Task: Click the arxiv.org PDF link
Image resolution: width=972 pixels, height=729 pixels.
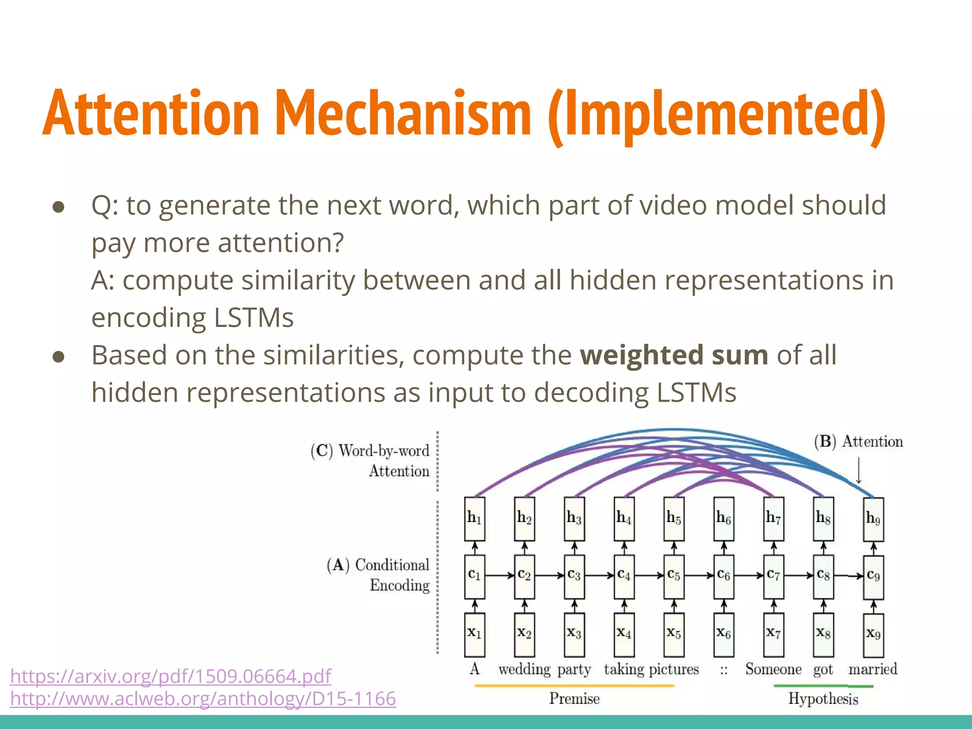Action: click(170, 676)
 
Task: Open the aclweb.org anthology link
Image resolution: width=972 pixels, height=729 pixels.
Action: click(203, 699)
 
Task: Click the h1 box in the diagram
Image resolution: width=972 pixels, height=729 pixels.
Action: click(475, 519)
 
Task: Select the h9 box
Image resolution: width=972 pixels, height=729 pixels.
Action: click(873, 519)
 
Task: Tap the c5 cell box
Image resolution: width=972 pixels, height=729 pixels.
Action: click(674, 576)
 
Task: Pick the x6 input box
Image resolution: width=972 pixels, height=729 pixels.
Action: click(724, 634)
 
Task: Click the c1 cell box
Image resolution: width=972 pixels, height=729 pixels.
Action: click(475, 576)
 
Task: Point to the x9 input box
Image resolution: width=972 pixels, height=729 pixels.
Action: click(873, 635)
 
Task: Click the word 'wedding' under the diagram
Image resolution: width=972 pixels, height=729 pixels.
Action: click(524, 669)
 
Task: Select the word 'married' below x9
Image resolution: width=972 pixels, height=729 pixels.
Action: click(873, 669)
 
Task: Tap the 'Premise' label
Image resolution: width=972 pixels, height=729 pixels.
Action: click(574, 699)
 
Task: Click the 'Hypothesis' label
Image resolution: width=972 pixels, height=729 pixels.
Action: click(823, 699)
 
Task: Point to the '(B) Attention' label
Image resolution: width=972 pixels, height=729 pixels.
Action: click(858, 441)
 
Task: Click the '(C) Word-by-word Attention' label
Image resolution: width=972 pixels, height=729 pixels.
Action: click(370, 460)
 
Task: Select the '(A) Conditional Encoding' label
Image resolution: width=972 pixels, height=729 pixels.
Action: click(378, 575)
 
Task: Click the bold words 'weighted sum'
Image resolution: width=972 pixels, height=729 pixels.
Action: click(674, 355)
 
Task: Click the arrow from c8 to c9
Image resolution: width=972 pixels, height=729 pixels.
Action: click(849, 576)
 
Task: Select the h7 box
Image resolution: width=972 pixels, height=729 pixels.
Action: click(774, 519)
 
